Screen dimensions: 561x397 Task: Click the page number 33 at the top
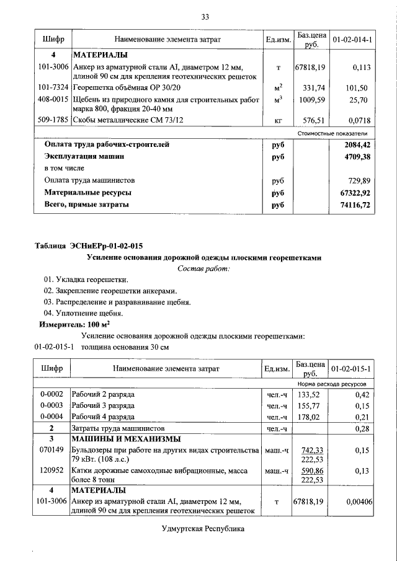(x=205, y=17)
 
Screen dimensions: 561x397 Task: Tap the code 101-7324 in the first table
(x=53, y=89)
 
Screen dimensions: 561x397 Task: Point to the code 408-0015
(x=53, y=100)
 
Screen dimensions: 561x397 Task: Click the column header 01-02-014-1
(x=352, y=40)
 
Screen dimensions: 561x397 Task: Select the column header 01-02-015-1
(x=352, y=369)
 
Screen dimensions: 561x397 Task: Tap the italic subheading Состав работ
(x=204, y=268)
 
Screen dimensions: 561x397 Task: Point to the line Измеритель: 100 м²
(x=75, y=324)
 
